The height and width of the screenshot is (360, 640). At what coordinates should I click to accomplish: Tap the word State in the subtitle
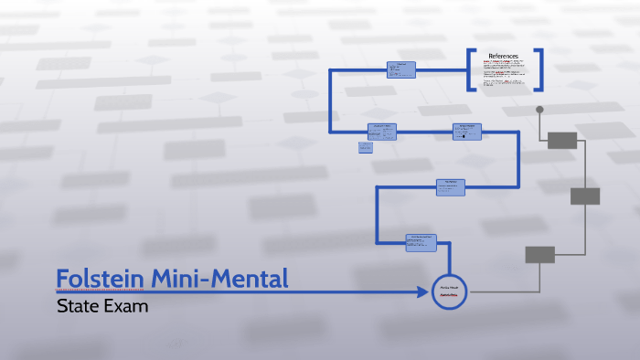click(76, 306)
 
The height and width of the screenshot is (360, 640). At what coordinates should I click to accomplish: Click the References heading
click(503, 56)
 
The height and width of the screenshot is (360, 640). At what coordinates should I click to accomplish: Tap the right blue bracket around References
click(539, 69)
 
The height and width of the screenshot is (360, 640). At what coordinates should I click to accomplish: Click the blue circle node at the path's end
click(449, 291)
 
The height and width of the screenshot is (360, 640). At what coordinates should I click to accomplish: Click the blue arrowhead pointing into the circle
click(423, 291)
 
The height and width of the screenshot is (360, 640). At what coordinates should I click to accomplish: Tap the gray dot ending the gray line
click(539, 110)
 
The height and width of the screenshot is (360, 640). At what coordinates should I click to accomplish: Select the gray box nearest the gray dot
click(562, 140)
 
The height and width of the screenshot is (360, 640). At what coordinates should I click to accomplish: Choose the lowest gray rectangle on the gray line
click(539, 255)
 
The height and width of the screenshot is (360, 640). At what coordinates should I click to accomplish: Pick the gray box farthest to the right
click(585, 196)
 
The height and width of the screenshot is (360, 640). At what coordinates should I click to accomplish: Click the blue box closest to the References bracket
click(400, 69)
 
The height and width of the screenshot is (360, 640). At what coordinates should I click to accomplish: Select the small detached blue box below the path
click(365, 146)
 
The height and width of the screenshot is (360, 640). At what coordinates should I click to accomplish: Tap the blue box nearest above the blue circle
click(421, 241)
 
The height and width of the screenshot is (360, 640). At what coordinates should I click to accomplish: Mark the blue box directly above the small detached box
click(383, 131)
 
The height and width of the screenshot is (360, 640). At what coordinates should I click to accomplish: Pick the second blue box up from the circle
click(451, 186)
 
